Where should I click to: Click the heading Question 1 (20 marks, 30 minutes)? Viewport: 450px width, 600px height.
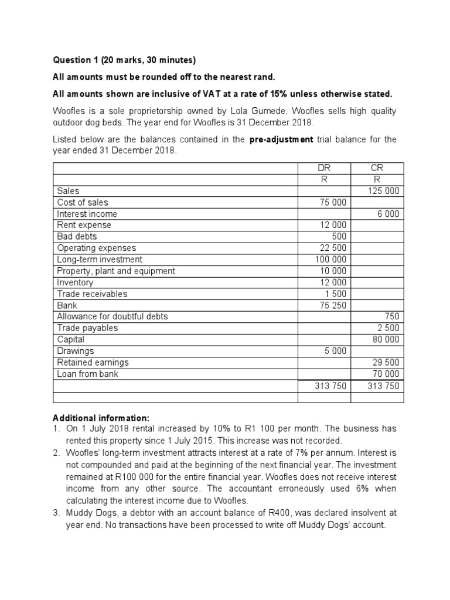point(124,60)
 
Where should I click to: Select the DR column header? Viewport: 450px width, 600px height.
point(324,168)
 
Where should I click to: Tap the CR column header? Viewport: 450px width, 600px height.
point(377,168)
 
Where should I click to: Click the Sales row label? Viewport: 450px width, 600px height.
point(68,191)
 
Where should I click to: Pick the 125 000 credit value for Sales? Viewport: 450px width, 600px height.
point(383,191)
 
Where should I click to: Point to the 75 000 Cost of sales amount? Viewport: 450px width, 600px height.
point(332,202)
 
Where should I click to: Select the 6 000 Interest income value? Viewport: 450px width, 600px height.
point(388,214)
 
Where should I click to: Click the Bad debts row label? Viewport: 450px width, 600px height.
point(77,237)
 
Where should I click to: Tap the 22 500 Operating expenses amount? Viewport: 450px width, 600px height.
point(332,248)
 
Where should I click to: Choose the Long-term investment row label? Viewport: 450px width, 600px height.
point(100,260)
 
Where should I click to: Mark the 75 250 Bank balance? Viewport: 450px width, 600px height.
point(332,305)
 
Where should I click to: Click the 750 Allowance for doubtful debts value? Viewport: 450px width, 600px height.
point(391,316)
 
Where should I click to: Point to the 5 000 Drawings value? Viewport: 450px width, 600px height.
point(335,351)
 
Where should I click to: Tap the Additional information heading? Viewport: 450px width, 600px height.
point(101,418)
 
